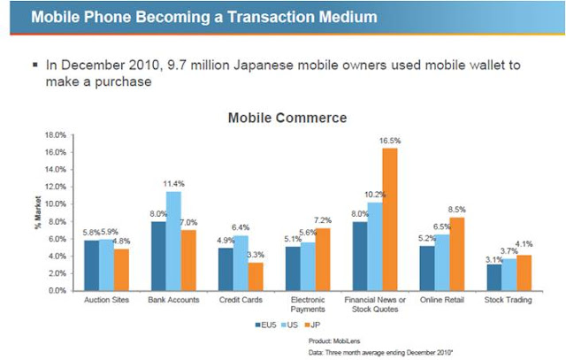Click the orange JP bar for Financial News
click(389, 219)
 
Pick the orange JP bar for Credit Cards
click(256, 276)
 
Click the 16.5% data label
click(390, 140)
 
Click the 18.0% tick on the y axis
click(55, 135)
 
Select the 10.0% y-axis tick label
click(55, 204)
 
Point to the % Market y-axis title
click(26, 212)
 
